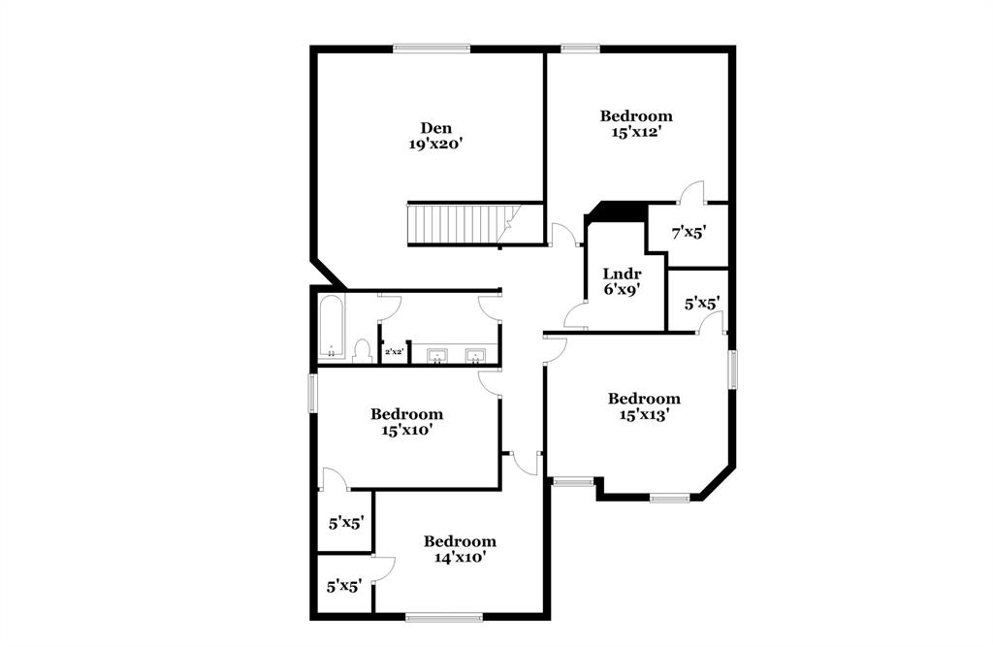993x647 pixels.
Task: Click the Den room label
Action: pyautogui.click(x=435, y=127)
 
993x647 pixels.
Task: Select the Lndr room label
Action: pyautogui.click(x=622, y=274)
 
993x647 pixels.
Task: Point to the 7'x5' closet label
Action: pyautogui.click(x=689, y=233)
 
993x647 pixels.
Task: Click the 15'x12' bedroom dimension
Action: pyautogui.click(x=635, y=132)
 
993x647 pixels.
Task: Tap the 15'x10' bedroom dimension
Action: pyautogui.click(x=406, y=430)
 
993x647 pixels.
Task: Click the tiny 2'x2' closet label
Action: pyautogui.click(x=394, y=352)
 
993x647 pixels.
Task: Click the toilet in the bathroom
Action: pyautogui.click(x=363, y=349)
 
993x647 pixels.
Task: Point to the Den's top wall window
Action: pyautogui.click(x=432, y=48)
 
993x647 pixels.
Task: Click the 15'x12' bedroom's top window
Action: pyautogui.click(x=579, y=48)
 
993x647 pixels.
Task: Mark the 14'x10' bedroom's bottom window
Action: pyautogui.click(x=443, y=616)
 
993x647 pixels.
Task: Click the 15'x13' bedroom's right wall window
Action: pyautogui.click(x=733, y=369)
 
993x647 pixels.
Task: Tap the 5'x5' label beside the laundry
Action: pyautogui.click(x=701, y=304)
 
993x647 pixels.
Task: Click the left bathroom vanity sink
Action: pyautogui.click(x=437, y=356)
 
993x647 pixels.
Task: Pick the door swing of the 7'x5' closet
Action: pyautogui.click(x=692, y=193)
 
